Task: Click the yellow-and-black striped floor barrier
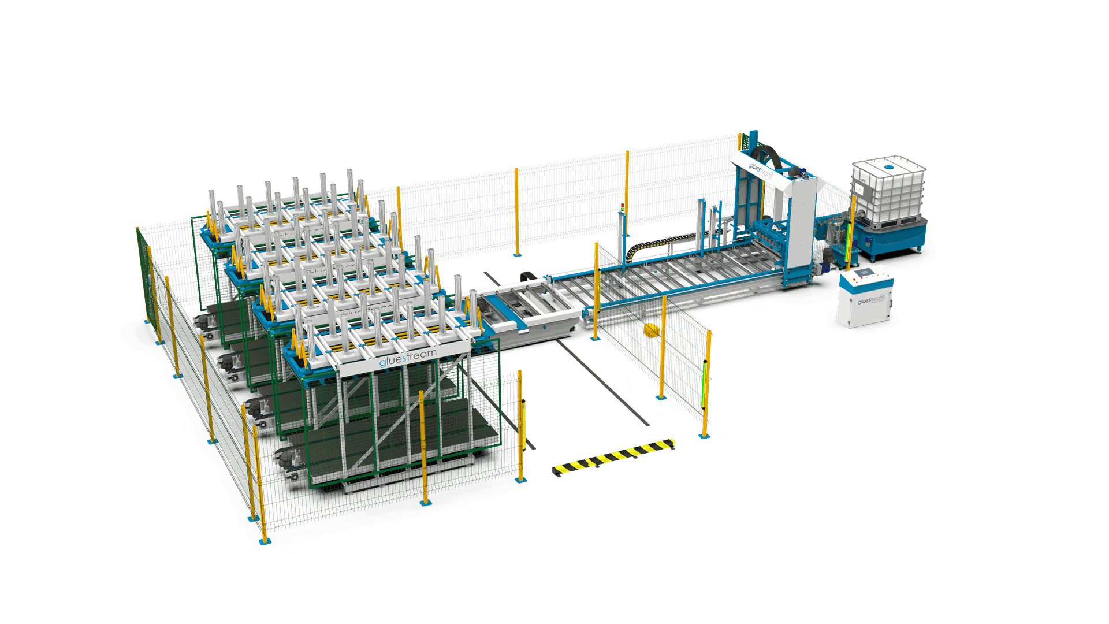pyautogui.click(x=613, y=456)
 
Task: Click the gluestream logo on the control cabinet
pyautogui.click(x=871, y=300)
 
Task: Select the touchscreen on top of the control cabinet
pyautogui.click(x=865, y=273)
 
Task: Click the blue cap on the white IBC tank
pyautogui.click(x=889, y=166)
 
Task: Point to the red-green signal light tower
pyautogui.click(x=622, y=207)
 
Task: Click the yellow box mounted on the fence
pyautogui.click(x=651, y=330)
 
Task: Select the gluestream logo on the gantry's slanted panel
pyautogui.click(x=760, y=169)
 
